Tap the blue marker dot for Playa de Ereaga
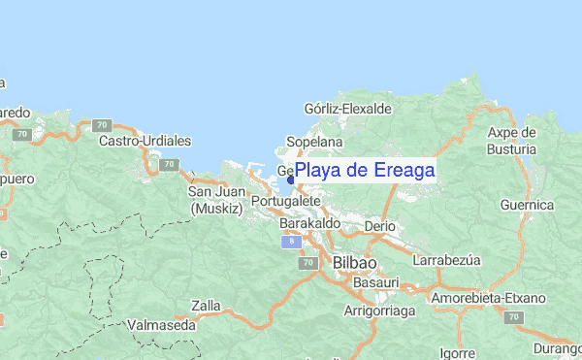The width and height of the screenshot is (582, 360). (x=291, y=180)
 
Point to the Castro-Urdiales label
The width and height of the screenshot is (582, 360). (x=145, y=141)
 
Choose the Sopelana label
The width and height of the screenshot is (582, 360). (x=310, y=142)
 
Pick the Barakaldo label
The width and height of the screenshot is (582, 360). (x=309, y=223)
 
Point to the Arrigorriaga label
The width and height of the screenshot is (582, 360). (x=379, y=311)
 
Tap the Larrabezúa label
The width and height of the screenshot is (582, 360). (x=448, y=261)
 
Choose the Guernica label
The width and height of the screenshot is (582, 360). (x=527, y=205)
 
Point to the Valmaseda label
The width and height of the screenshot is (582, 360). (x=162, y=326)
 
